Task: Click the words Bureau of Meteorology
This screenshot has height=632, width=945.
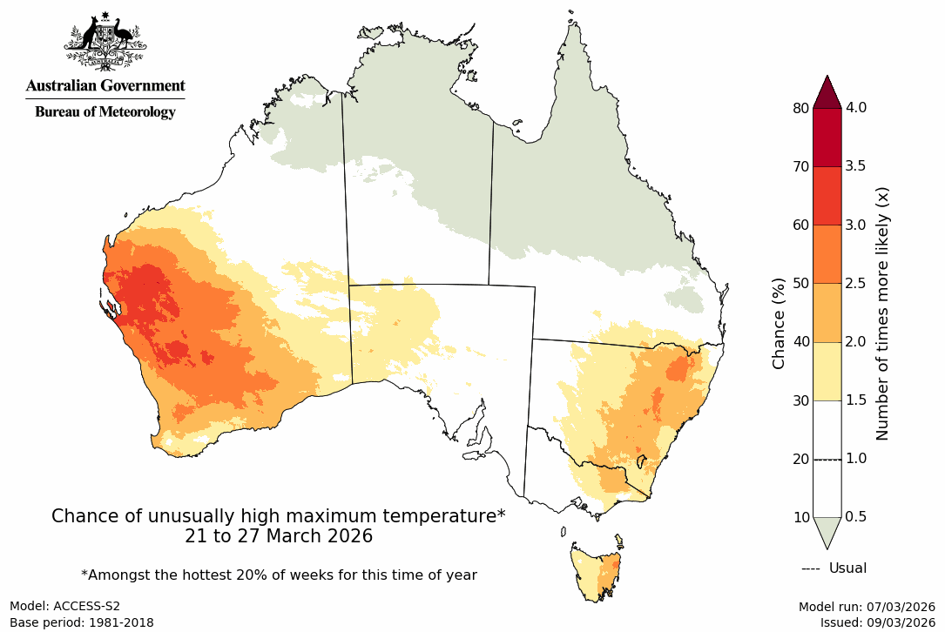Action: click(x=105, y=111)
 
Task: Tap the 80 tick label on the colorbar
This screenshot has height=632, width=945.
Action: click(x=800, y=108)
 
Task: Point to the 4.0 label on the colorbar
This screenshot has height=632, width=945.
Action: click(x=857, y=108)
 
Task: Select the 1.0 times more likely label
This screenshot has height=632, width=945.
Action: click(x=857, y=459)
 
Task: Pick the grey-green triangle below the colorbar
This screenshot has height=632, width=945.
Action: click(x=827, y=530)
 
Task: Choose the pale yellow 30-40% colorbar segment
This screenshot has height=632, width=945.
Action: click(x=827, y=371)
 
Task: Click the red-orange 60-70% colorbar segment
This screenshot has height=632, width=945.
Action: click(x=827, y=196)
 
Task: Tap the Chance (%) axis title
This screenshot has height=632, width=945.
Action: click(x=780, y=323)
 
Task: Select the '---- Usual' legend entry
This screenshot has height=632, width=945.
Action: click(x=834, y=568)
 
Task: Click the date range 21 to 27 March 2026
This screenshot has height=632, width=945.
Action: click(x=279, y=536)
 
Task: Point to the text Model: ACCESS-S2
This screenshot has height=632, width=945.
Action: click(x=65, y=606)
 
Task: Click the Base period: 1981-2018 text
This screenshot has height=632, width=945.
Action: click(x=82, y=622)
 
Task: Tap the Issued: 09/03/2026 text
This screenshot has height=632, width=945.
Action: click(x=877, y=622)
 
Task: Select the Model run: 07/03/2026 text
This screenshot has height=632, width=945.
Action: click(x=867, y=607)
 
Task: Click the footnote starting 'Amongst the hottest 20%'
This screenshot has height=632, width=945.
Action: click(x=279, y=575)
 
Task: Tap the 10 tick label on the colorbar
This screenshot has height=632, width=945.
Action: click(x=800, y=517)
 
